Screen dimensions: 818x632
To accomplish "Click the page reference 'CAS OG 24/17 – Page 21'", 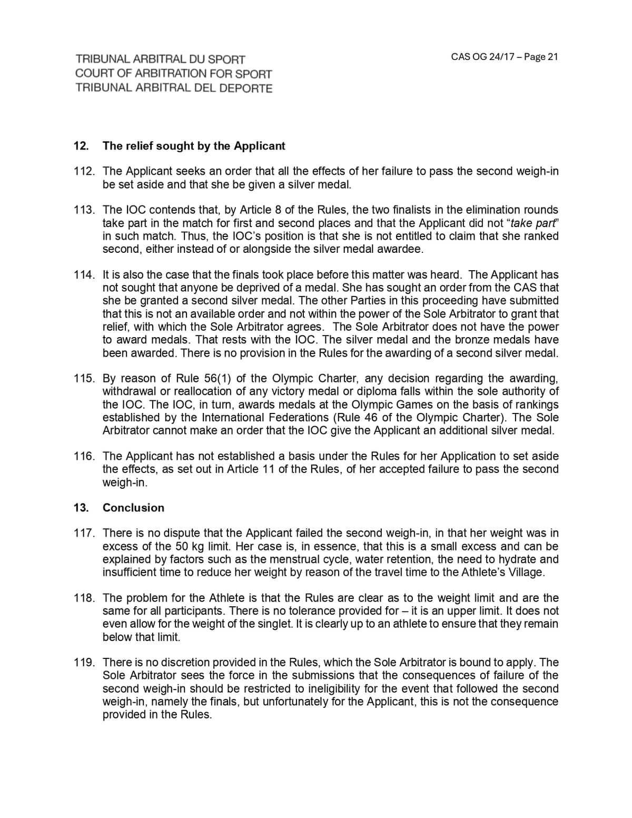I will (504, 57).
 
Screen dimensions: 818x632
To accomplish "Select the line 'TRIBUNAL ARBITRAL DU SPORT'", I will (160, 60).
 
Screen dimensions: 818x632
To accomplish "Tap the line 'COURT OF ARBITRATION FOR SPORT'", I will (174, 74).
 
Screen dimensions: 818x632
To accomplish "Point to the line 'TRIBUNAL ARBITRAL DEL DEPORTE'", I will (174, 88).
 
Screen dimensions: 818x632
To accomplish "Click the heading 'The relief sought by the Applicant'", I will (194, 146).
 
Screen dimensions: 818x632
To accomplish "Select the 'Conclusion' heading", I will (133, 508).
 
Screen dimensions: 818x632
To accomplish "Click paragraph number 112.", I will (84, 172).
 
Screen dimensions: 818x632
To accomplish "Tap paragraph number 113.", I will (84, 210).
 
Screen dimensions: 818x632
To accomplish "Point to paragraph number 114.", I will (84, 275).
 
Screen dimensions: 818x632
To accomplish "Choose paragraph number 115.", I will (84, 379).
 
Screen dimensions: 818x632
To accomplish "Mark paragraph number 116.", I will (84, 456).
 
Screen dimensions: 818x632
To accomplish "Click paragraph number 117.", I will (84, 534).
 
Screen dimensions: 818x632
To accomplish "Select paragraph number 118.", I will (84, 598).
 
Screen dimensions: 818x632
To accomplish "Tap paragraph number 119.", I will (84, 663).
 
